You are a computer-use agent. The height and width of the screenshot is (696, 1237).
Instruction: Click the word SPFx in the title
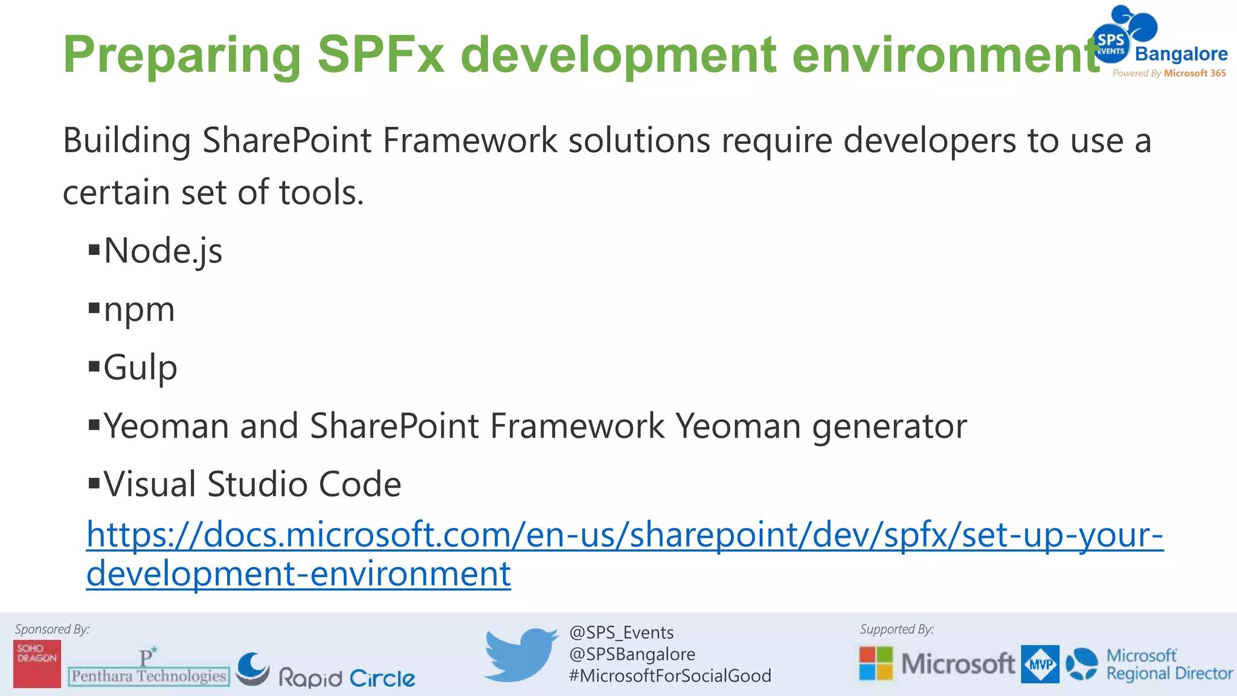click(381, 54)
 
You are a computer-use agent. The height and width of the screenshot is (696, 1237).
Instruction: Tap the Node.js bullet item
click(162, 251)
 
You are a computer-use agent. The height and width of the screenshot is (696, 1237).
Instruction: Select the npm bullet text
click(139, 311)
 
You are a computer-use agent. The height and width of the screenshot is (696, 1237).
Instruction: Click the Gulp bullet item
click(140, 367)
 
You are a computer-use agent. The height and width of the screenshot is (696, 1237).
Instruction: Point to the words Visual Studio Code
click(252, 485)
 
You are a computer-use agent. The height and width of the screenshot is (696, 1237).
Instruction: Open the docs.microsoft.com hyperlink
click(625, 535)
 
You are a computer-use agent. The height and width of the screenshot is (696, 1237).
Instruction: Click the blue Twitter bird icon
click(521, 654)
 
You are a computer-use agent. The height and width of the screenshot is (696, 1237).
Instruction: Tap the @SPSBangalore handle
click(632, 654)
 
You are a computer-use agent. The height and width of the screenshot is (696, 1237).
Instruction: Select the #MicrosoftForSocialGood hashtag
click(669, 675)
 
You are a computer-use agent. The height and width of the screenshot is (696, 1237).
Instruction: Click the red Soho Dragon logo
click(37, 663)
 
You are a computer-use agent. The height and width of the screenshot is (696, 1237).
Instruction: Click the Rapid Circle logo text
click(347, 678)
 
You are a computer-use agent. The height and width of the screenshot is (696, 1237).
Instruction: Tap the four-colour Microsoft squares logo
click(876, 663)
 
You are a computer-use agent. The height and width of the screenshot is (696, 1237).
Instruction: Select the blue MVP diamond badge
click(1040, 664)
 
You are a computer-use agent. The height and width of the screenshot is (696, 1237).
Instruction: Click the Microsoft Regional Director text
click(1169, 665)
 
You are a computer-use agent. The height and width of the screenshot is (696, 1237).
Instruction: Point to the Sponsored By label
click(52, 629)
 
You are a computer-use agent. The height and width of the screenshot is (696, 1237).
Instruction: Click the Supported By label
click(896, 629)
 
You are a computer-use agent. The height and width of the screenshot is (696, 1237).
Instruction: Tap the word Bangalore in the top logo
click(1181, 54)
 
